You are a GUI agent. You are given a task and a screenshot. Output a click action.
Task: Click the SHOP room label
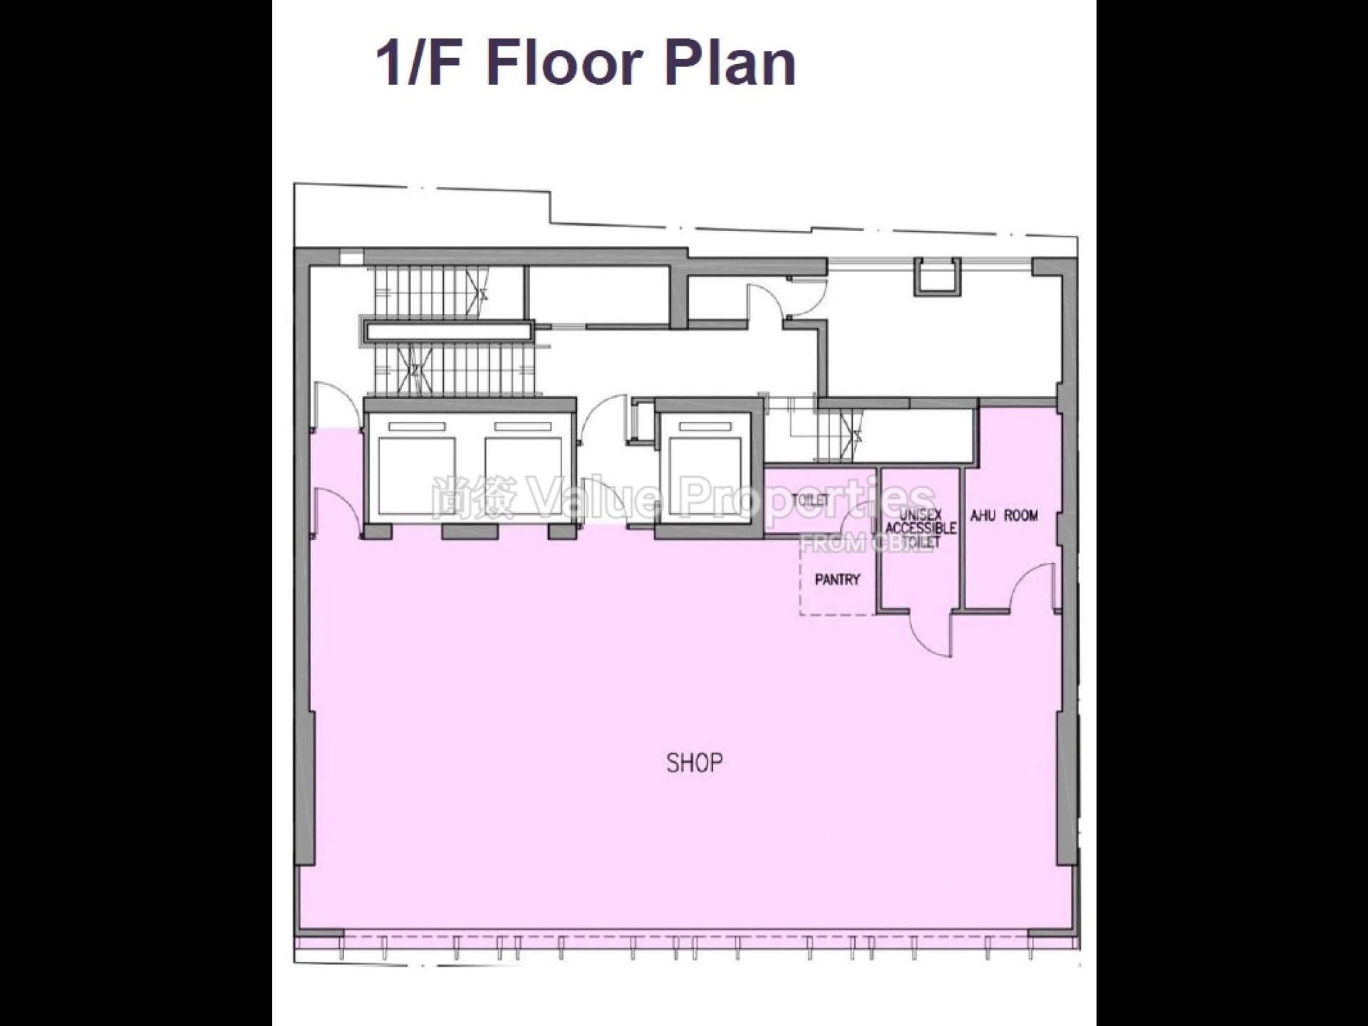coord(694,763)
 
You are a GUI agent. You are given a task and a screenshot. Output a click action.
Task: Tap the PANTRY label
coord(837,579)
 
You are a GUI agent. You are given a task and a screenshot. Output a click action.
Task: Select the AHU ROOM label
coord(1005,515)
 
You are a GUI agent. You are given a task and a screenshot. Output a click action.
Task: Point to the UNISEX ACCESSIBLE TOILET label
coord(921,528)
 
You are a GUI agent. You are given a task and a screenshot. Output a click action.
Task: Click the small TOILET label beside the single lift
coord(810,500)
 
